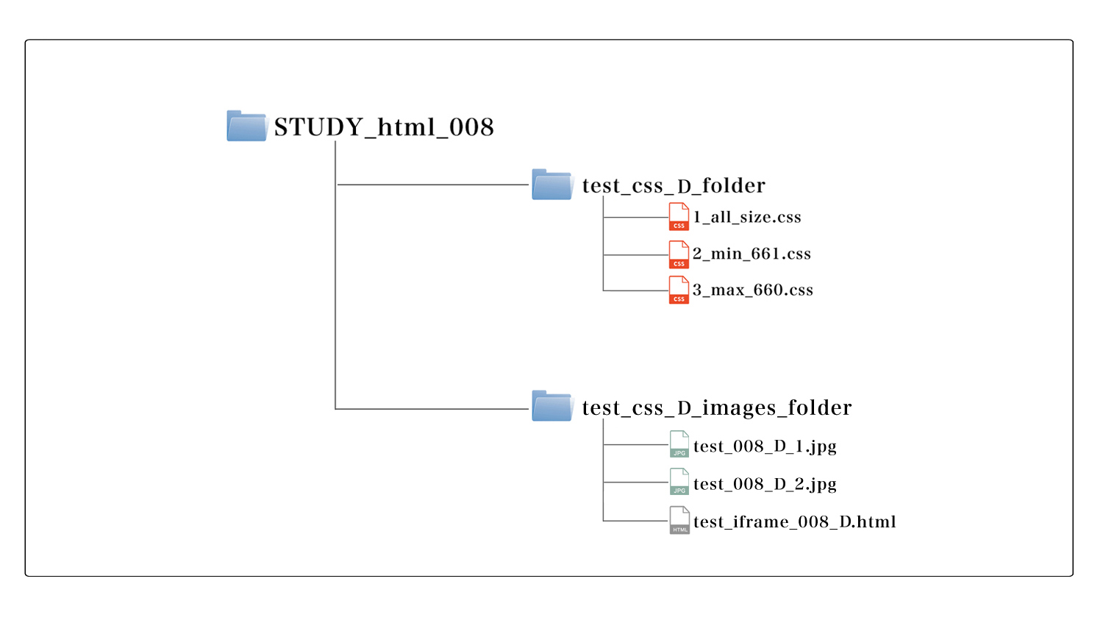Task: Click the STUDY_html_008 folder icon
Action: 247,126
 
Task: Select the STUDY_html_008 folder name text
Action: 384,127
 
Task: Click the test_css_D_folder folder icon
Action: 552,184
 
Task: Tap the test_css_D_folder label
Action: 674,185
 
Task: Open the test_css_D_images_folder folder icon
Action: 552,406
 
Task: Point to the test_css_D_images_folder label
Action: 717,407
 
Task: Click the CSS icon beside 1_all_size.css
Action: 679,217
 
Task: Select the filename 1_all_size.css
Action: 747,217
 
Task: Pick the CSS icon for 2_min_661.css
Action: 679,254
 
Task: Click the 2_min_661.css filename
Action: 752,254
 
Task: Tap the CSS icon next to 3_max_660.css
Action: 679,290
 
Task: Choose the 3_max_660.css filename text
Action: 753,290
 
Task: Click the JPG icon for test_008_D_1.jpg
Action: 679,444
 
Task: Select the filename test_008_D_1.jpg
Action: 765,446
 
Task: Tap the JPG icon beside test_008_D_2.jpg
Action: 679,482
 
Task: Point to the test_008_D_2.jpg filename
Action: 765,484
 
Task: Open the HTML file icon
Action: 679,520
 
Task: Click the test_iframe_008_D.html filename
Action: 795,521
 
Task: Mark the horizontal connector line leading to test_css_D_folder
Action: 433,185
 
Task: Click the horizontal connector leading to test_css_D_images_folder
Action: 432,409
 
